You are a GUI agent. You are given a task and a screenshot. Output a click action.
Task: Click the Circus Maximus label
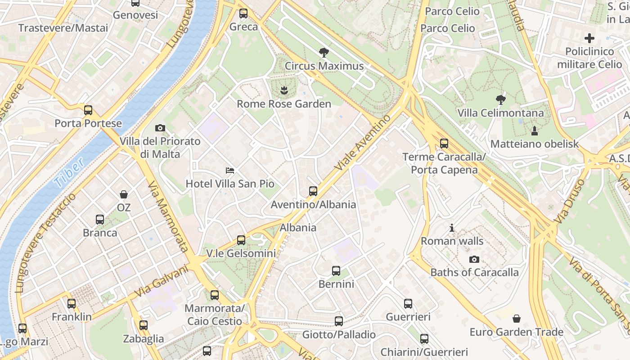324,66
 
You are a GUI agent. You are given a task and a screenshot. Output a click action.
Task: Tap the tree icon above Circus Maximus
324,53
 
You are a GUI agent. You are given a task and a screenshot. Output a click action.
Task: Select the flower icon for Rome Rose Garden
283,90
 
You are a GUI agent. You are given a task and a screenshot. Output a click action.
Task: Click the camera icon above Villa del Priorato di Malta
160,128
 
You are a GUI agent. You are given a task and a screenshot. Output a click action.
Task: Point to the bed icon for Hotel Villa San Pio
230,171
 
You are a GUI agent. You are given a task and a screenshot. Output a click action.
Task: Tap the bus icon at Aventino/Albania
313,191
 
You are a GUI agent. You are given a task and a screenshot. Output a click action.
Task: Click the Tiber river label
69,172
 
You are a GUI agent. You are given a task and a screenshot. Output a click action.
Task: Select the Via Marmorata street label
167,216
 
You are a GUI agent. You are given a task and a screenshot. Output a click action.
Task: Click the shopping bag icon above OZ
124,194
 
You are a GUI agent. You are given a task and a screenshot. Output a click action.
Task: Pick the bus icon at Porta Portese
88,110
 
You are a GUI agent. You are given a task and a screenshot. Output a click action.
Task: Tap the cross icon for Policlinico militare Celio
589,38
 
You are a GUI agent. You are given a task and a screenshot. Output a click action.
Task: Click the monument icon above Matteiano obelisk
535,131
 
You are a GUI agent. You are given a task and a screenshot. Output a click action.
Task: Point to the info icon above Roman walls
452,228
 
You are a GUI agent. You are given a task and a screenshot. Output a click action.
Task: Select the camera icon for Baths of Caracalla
474,259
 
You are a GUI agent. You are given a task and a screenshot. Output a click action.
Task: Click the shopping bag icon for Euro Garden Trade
517,319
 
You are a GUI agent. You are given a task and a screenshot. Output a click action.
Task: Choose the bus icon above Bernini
336,271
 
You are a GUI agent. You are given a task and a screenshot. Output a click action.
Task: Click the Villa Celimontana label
500,113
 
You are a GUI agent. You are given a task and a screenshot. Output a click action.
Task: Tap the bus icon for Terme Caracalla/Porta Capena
444,144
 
